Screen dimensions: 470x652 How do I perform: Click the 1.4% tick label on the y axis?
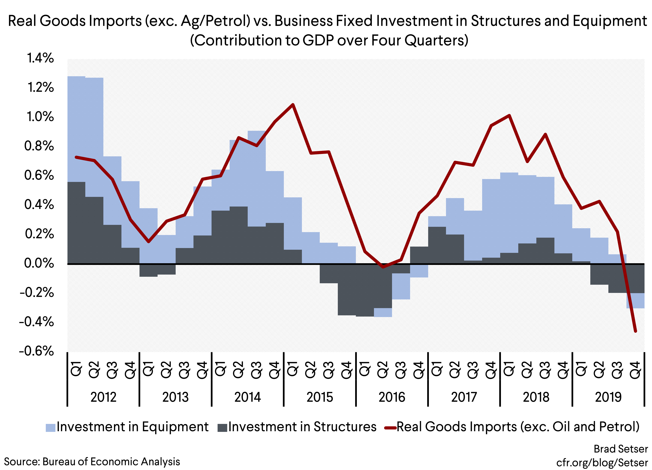[x=40, y=58]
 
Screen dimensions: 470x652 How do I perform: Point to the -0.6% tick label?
[x=37, y=351]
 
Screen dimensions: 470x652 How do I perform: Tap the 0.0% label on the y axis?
[x=39, y=263]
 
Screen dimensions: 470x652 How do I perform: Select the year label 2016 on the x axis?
[x=392, y=397]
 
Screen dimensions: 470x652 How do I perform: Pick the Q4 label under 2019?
[x=635, y=370]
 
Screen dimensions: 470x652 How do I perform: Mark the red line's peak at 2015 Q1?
[x=293, y=104]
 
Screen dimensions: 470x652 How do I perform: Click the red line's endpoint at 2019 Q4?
[x=635, y=331]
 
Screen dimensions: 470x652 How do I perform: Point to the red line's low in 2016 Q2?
[x=383, y=267]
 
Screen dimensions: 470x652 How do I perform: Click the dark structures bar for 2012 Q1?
[x=76, y=223]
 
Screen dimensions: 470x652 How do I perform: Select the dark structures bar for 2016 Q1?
[x=365, y=289]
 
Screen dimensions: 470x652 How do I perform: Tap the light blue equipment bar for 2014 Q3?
[x=257, y=179]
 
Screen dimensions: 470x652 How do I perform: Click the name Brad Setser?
[x=621, y=449]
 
